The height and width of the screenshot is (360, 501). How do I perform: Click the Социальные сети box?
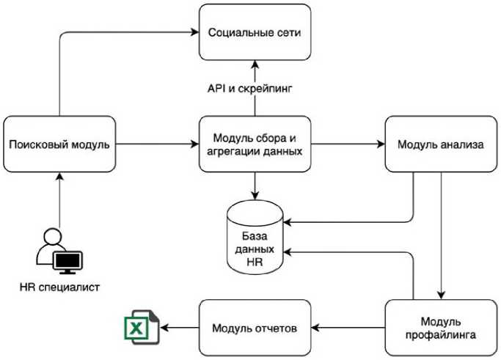pos(255,33)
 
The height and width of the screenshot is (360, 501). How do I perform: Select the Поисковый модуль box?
pos(59,144)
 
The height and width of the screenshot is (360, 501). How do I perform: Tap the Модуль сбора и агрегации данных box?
pos(255,144)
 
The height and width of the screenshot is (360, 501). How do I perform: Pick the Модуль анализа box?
pos(440,144)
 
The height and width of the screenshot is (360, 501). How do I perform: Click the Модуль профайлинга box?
pos(440,327)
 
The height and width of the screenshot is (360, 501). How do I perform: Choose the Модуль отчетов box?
pos(255,327)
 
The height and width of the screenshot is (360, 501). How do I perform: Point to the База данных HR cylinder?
pos(255,238)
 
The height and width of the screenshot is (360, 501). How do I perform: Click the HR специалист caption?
pos(59,287)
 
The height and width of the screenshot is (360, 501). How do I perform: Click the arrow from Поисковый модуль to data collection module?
pos(157,144)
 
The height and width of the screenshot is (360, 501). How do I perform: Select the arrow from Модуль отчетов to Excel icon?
pos(180,327)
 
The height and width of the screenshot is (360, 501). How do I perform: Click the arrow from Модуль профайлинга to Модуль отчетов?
pos(350,327)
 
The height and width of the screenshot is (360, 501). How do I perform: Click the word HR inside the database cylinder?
pos(255,262)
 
